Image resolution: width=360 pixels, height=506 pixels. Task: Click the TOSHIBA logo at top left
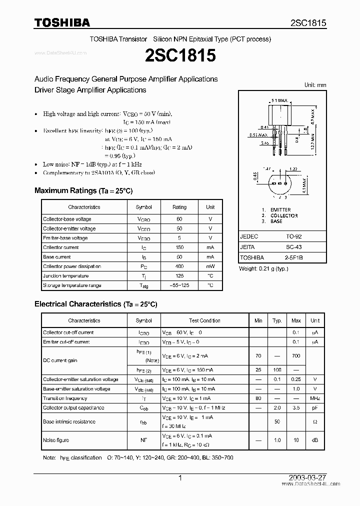coord(62,22)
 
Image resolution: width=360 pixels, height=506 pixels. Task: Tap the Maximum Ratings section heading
coord(83,190)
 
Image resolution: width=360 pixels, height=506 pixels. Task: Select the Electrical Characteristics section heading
coord(95,303)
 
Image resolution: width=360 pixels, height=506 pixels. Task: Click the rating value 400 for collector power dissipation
coord(179,266)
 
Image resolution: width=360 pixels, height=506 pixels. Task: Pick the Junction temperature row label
coord(66,276)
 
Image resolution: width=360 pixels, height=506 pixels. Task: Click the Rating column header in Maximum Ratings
coord(179,207)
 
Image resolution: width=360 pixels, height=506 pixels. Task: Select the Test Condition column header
coord(204,320)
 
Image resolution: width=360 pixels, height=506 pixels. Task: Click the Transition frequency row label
coord(65,398)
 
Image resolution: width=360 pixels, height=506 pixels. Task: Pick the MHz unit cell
coord(315,398)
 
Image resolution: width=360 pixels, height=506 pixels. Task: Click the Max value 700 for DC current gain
coord(296,356)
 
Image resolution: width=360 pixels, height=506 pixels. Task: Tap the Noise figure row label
coord(56,440)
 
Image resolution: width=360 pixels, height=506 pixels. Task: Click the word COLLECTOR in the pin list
coord(284,215)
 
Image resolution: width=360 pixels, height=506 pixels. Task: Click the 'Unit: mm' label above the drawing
coord(315,85)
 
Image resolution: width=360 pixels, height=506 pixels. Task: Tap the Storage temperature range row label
coord(72,285)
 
